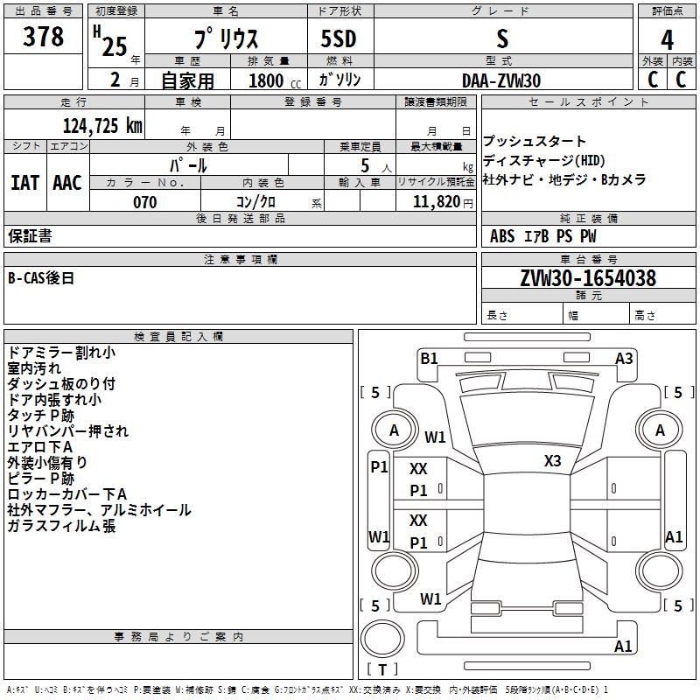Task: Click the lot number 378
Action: (43, 38)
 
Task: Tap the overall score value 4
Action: (668, 40)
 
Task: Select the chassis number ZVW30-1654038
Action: (588, 278)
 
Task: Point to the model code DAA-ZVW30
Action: (501, 80)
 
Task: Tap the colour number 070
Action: (145, 202)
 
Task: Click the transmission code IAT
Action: (24, 182)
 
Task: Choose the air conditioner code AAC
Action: (66, 182)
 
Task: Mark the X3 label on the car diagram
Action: (553, 461)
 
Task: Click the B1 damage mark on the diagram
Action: (429, 358)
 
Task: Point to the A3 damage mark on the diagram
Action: (624, 358)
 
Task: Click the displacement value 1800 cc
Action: (272, 81)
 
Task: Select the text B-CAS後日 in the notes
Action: (41, 278)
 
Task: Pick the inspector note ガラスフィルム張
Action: (61, 526)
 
